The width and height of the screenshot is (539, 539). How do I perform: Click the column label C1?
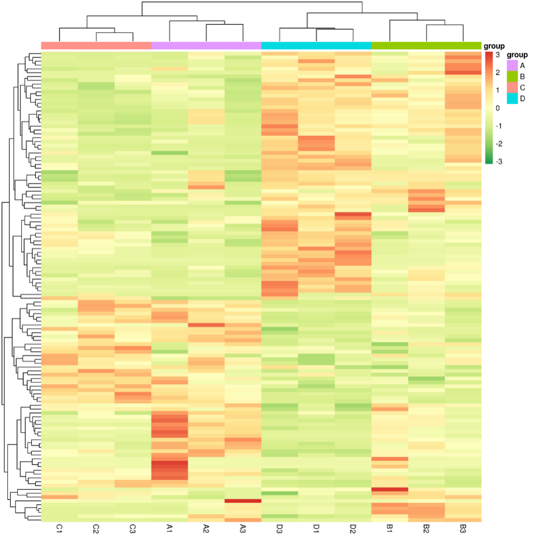59,528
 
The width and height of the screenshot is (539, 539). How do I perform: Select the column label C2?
96,528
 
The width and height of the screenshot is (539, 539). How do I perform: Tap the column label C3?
133,528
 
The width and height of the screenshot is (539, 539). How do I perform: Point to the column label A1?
169,528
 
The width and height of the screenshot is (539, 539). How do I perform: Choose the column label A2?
206,528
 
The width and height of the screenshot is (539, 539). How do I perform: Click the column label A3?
243,528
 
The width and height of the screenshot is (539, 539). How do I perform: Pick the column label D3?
280,528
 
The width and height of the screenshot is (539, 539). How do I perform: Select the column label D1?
316,528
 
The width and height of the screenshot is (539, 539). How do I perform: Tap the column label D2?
353,528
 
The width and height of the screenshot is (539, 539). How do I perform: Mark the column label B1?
390,528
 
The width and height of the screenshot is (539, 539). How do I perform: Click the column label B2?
427,528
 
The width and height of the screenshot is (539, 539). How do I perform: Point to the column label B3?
463,528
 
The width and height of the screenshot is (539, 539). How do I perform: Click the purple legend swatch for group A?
512,65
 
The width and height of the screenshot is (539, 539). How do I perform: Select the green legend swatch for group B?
512,76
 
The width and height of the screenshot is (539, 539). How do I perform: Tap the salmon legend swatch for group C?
512,87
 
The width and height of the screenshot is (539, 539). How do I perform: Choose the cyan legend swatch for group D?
512,98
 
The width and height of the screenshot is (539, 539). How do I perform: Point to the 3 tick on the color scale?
497,55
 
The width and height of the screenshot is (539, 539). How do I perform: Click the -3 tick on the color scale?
497,162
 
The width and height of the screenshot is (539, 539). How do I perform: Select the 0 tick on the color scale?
497,108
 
